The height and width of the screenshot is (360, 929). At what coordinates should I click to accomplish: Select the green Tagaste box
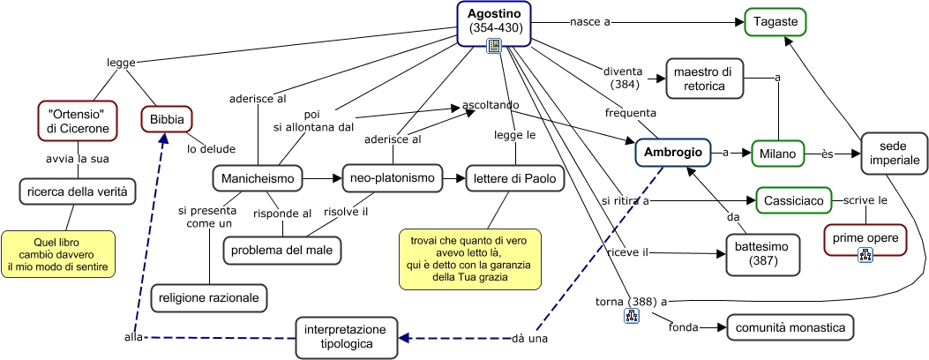[x=775, y=21]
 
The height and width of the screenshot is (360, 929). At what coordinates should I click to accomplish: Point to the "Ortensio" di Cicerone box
[x=78, y=121]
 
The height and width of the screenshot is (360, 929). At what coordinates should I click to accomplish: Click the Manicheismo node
[x=258, y=178]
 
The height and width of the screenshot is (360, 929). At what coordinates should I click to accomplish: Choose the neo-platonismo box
[x=388, y=178]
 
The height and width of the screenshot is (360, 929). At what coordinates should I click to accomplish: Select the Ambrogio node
[x=673, y=153]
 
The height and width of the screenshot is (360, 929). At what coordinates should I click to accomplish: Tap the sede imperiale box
[x=895, y=153]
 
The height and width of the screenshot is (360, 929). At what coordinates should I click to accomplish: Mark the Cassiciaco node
[x=794, y=201]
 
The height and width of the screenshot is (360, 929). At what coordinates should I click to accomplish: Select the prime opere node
[x=865, y=236]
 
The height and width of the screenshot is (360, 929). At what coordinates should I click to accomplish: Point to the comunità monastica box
[x=790, y=328]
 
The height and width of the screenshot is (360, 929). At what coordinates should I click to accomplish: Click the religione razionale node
[x=209, y=298]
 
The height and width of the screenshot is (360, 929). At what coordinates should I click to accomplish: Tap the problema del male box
[x=282, y=251]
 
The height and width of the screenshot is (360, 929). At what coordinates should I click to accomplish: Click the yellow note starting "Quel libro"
[x=58, y=254]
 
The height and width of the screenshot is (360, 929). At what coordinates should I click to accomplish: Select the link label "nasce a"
[x=590, y=21]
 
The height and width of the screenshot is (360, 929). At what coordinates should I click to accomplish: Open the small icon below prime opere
[x=865, y=255]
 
